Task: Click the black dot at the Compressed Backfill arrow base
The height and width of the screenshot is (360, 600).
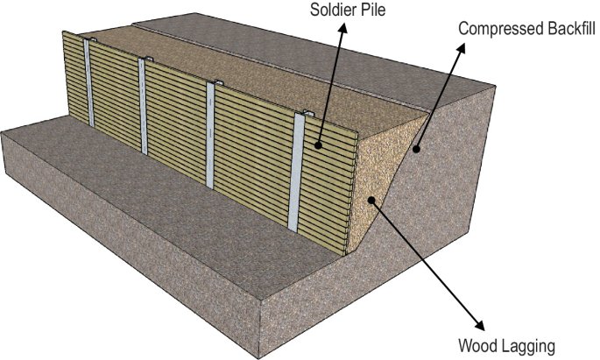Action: click(419, 150)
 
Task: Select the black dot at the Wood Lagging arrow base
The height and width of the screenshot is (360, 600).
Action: click(374, 201)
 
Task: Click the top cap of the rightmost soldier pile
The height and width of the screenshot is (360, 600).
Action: click(307, 114)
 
